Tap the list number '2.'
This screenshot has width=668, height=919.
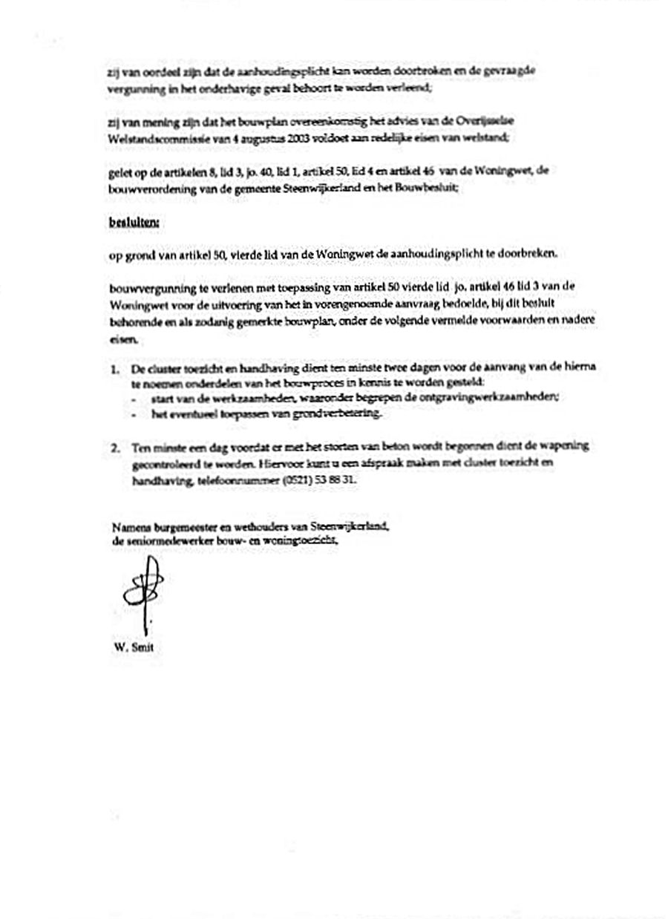[x=116, y=446]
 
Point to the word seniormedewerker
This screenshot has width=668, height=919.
[x=160, y=540]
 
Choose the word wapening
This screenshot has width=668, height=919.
[x=567, y=446]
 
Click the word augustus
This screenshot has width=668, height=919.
[x=260, y=137]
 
